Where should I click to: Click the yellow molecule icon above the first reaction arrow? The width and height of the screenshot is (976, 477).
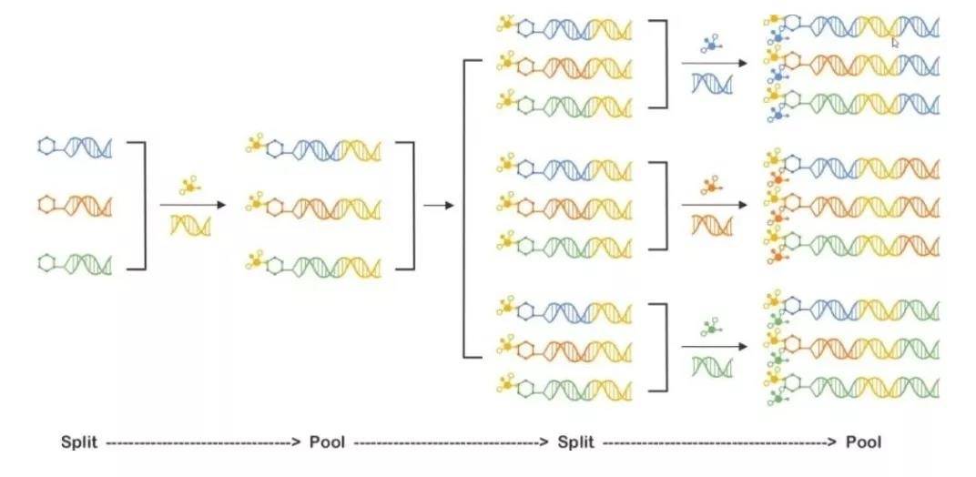[x=189, y=185]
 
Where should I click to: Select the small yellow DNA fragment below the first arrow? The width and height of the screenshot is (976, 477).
[x=191, y=224]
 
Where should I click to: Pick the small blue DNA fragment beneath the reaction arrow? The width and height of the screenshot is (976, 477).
[x=712, y=84]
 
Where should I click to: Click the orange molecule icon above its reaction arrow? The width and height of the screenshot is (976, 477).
[x=711, y=188]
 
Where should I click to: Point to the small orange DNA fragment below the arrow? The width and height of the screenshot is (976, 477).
[x=710, y=224]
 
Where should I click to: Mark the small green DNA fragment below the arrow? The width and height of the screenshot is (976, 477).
[x=710, y=367]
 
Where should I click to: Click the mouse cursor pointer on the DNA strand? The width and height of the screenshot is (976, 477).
[x=896, y=41]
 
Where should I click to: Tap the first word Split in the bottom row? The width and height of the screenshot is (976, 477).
[x=80, y=442]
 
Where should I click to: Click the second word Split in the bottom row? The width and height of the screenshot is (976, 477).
[x=575, y=442]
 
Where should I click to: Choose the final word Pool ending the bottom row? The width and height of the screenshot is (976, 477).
[x=863, y=442]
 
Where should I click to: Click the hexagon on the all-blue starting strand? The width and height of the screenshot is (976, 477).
[x=47, y=146]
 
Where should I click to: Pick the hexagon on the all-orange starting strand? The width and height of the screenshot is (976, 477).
[x=47, y=203]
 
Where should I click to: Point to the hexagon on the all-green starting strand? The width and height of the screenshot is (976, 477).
[x=47, y=263]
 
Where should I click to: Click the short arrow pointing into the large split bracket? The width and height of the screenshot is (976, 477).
[x=439, y=206]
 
